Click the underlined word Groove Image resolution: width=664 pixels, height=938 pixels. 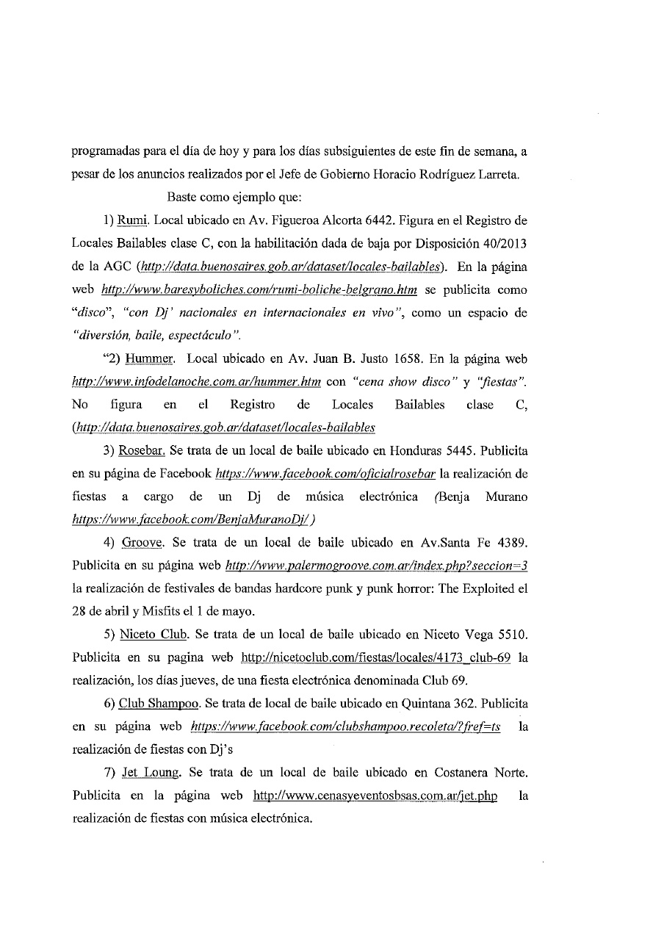point(140,543)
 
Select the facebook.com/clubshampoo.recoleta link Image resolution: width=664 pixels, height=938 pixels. point(345,726)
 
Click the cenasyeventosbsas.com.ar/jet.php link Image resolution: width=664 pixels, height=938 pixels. point(375,796)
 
